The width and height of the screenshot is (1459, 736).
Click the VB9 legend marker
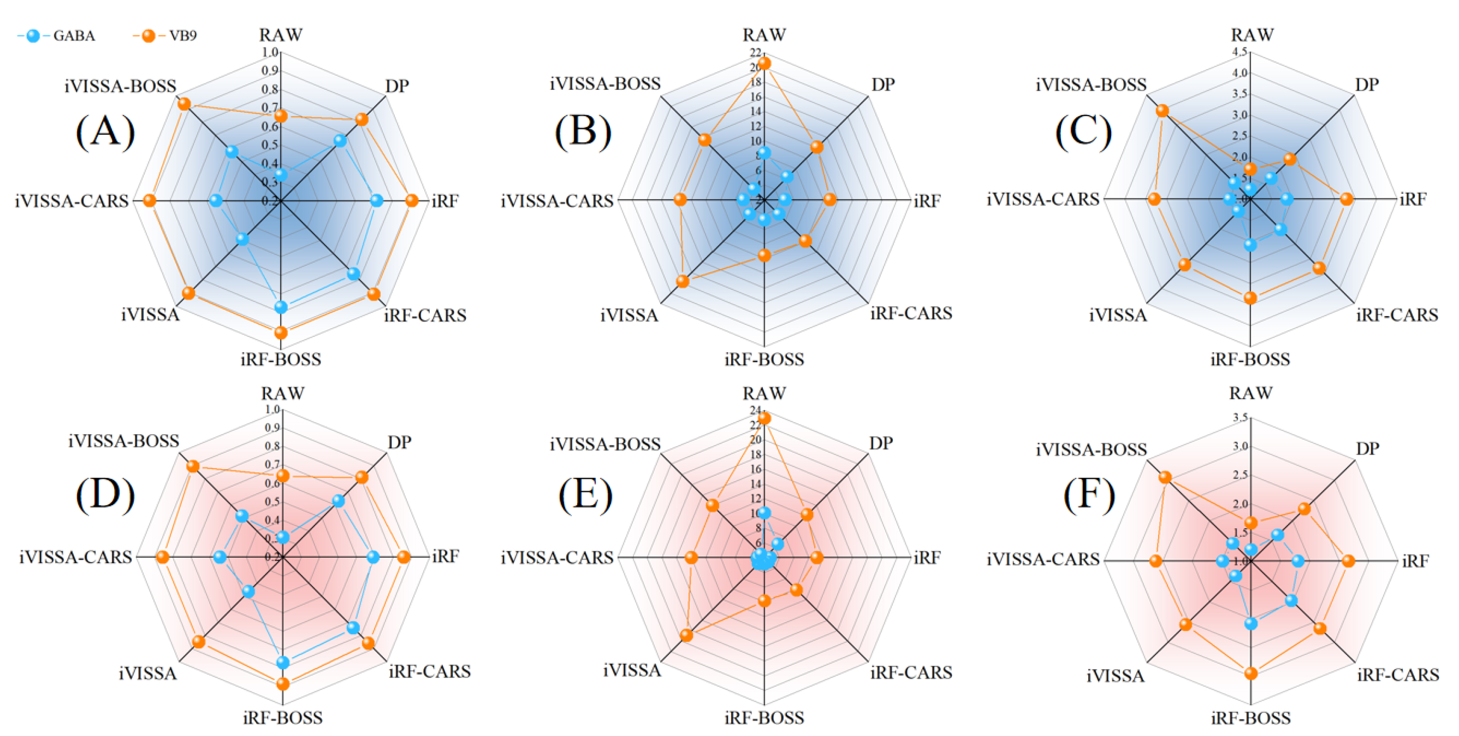click(x=148, y=35)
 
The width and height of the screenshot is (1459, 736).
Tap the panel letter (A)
click(x=105, y=131)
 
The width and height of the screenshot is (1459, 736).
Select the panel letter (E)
click(x=585, y=494)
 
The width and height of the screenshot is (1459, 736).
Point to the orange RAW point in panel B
click(x=765, y=63)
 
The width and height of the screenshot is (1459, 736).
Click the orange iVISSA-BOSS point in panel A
click(x=183, y=104)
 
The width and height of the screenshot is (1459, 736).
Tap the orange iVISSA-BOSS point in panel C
click(x=1162, y=111)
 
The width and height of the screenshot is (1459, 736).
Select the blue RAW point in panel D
click(x=282, y=537)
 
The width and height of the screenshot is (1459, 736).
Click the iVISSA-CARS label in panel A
click(x=72, y=201)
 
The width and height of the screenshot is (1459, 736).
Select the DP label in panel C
click(x=1367, y=85)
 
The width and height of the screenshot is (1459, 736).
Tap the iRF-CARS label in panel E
click(x=911, y=672)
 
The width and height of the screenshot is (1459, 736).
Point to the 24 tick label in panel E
click(x=756, y=410)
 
